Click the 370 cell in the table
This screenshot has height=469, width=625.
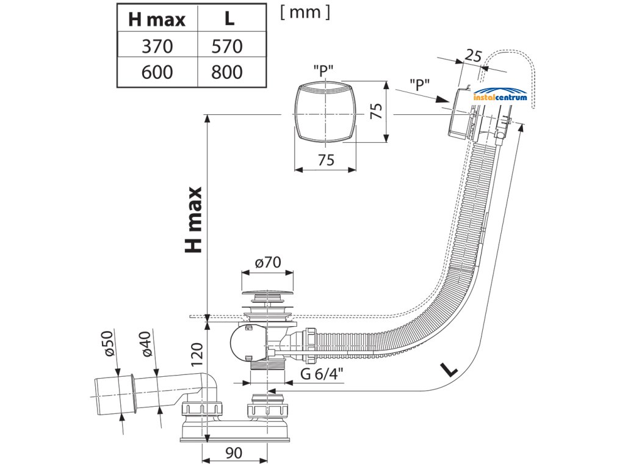click(x=157, y=46)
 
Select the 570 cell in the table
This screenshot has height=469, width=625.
click(x=227, y=46)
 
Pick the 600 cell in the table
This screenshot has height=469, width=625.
click(x=157, y=72)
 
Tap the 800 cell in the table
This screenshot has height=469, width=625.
click(x=227, y=72)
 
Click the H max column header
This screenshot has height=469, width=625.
click(x=157, y=20)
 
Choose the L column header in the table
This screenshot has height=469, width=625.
click(x=229, y=18)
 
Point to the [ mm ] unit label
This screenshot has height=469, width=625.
click(x=305, y=12)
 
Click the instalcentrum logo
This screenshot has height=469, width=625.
click(x=500, y=95)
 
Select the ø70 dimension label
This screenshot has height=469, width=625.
click(x=268, y=262)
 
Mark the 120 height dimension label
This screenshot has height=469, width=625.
click(x=197, y=354)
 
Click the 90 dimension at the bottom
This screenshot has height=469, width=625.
click(x=234, y=453)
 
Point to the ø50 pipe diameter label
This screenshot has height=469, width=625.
click(x=109, y=343)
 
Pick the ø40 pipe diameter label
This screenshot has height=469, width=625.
click(x=146, y=344)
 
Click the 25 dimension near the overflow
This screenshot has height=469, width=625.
click(x=473, y=56)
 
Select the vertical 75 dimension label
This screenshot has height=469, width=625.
click(x=377, y=111)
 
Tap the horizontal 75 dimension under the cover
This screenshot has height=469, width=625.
click(x=326, y=160)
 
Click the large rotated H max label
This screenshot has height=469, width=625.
click(x=194, y=220)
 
